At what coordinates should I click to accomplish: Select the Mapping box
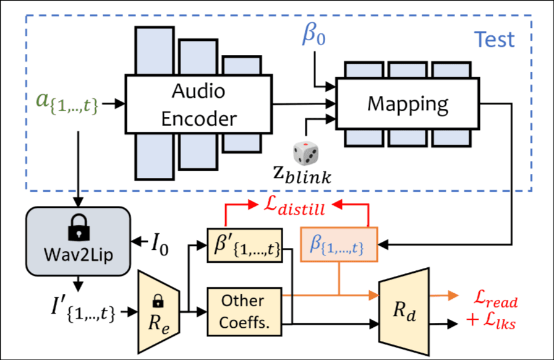coord(408,103)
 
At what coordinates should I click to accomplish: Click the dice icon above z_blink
coord(305,152)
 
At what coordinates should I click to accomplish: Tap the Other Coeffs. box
coord(245,312)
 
